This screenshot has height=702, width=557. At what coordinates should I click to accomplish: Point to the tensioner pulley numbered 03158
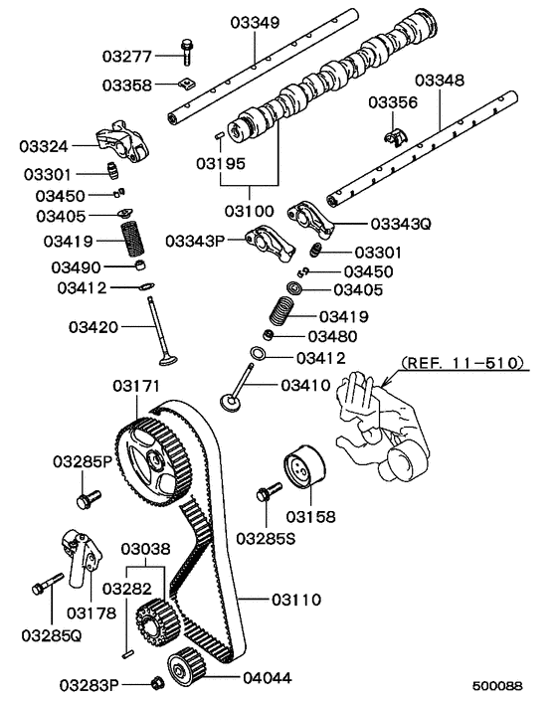click(x=302, y=471)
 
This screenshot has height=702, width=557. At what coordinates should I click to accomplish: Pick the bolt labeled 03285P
click(x=86, y=494)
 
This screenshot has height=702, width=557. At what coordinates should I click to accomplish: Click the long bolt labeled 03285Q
click(x=42, y=589)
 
